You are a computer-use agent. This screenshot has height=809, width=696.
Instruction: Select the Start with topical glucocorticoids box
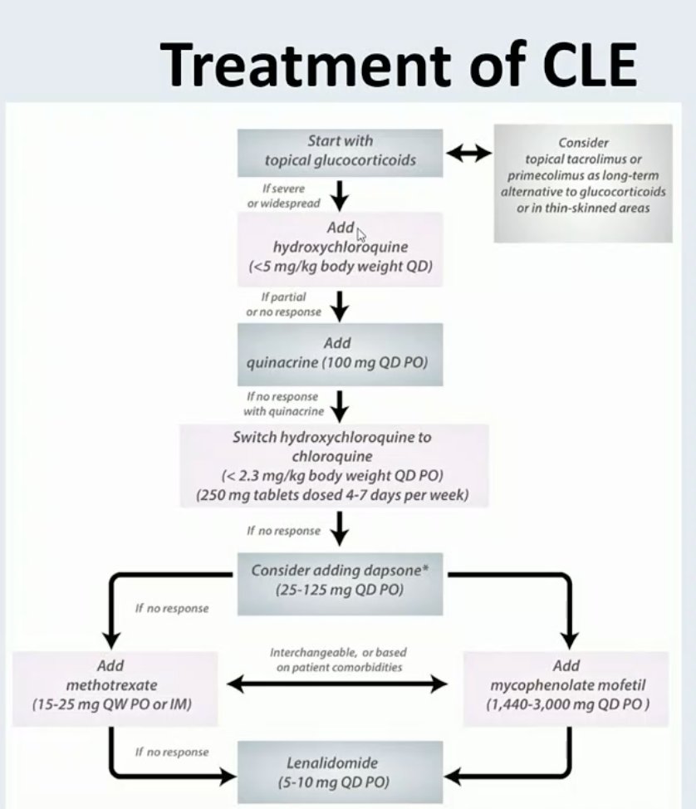coord(340,152)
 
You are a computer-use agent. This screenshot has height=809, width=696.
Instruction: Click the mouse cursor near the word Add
coord(361,233)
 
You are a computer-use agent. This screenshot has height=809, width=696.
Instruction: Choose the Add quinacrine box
coord(340,352)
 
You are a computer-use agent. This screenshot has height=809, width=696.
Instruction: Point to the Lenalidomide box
coord(340,772)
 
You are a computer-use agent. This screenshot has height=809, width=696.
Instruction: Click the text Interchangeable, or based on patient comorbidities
coord(338,659)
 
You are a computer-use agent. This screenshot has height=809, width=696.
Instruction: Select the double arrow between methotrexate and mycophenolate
coord(338,684)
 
